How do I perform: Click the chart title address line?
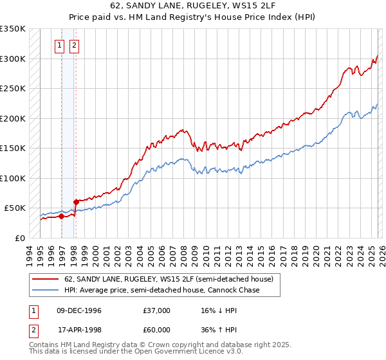[193, 6]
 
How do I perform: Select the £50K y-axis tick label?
[15, 208]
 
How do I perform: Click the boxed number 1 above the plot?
[60, 45]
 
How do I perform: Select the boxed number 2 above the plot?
[75, 45]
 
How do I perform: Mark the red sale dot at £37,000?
[62, 216]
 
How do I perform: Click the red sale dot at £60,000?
[77, 202]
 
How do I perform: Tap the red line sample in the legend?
[46, 279]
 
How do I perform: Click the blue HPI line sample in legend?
[46, 290]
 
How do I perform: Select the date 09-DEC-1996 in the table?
[79, 310]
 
